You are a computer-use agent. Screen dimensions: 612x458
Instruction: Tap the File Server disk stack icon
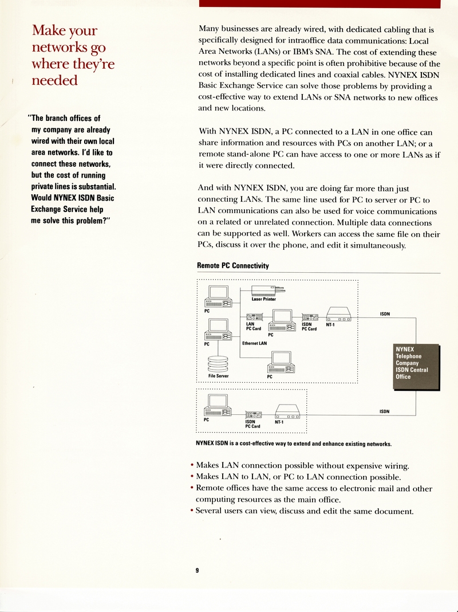click(218, 364)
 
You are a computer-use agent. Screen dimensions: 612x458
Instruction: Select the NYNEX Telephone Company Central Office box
click(416, 366)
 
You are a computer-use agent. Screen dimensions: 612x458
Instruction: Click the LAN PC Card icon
click(254, 317)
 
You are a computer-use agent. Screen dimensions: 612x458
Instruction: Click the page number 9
click(197, 570)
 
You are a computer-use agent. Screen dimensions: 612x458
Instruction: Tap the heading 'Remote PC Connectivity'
click(232, 266)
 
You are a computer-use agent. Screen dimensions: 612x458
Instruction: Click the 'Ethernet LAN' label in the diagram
click(254, 343)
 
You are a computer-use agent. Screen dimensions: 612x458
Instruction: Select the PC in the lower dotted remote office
click(218, 405)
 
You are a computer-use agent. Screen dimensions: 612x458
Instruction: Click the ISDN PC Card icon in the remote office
click(254, 415)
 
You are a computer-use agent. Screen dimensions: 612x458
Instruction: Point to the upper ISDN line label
click(385, 314)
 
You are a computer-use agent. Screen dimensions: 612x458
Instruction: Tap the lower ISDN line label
click(385, 411)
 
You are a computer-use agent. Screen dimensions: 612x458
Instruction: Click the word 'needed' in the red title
click(54, 81)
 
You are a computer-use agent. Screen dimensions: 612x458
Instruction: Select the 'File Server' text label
click(218, 376)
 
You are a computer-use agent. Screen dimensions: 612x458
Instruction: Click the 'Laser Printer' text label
click(263, 299)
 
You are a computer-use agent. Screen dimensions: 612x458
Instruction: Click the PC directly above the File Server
click(218, 329)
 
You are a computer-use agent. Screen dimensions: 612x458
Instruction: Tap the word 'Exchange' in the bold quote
click(50, 210)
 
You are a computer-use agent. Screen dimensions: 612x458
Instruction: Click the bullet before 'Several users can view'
click(191, 511)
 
